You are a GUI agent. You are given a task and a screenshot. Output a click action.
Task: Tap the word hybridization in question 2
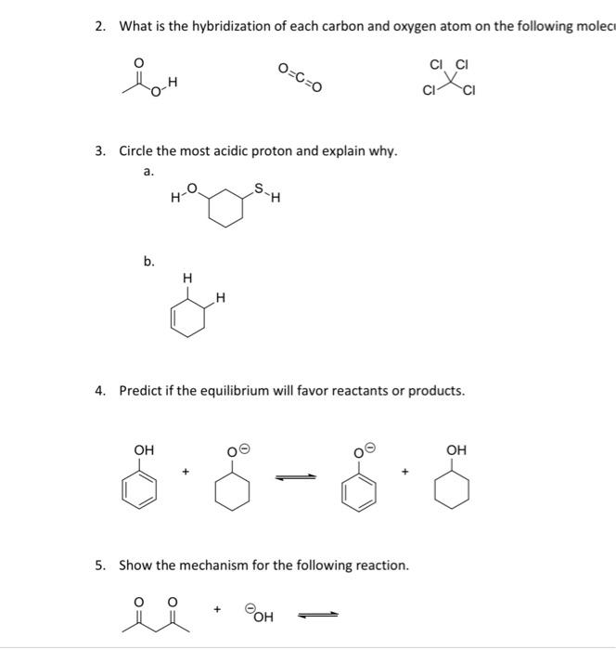click(227, 25)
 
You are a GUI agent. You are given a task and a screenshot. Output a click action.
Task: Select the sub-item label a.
click(148, 171)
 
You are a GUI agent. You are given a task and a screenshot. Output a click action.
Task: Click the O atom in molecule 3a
click(192, 188)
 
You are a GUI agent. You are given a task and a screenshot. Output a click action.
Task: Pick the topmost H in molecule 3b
click(187, 277)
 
